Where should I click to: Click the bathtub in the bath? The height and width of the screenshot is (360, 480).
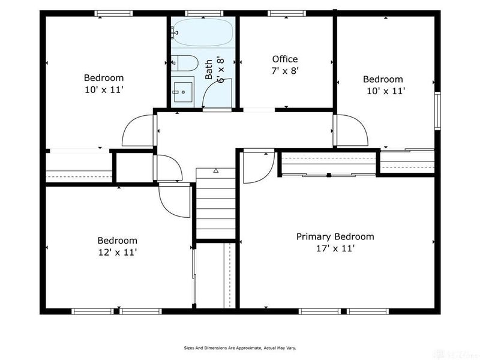coord(202,33)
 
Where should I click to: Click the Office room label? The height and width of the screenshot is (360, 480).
coord(284,59)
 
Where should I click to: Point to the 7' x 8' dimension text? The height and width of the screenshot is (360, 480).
coord(284,70)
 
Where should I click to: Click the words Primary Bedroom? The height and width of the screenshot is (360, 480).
coord(335,236)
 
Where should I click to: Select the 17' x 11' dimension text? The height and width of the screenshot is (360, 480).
coord(335,248)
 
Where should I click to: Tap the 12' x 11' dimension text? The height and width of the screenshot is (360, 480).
coord(118,253)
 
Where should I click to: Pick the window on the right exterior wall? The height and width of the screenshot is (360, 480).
coord(437,110)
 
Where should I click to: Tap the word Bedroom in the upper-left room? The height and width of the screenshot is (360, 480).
coord(103,77)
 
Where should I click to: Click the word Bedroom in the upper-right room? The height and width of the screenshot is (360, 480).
coord(382,79)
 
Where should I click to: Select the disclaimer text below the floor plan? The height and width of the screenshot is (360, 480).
coord(239,347)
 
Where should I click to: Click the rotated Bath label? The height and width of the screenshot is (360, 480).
coord(208,70)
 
